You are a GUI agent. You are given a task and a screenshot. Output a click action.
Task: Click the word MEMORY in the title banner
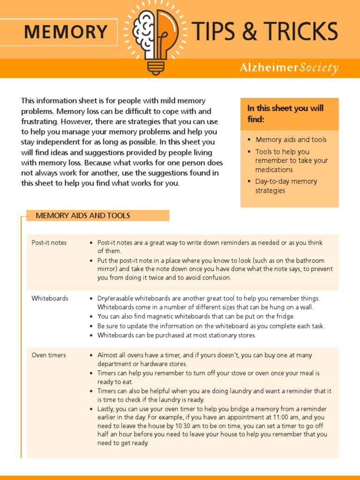coord(66,32)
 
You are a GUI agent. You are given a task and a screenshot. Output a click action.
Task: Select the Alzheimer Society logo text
coord(289,68)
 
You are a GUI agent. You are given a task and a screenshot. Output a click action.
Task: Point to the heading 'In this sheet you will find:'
coord(285,114)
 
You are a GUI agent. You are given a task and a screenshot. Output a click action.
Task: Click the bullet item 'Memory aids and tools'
coord(291,140)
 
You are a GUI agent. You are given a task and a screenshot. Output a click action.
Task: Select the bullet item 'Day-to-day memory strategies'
coord(286,186)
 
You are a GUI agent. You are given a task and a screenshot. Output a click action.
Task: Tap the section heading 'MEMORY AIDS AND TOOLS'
coord(83,216)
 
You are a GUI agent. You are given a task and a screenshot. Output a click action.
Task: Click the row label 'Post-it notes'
coord(49,243)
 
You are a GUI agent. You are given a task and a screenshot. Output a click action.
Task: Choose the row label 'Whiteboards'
coord(50,299)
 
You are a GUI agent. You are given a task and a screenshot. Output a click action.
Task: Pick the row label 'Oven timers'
coord(49,355)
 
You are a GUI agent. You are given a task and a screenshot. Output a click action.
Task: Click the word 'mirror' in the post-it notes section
coord(107,269)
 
